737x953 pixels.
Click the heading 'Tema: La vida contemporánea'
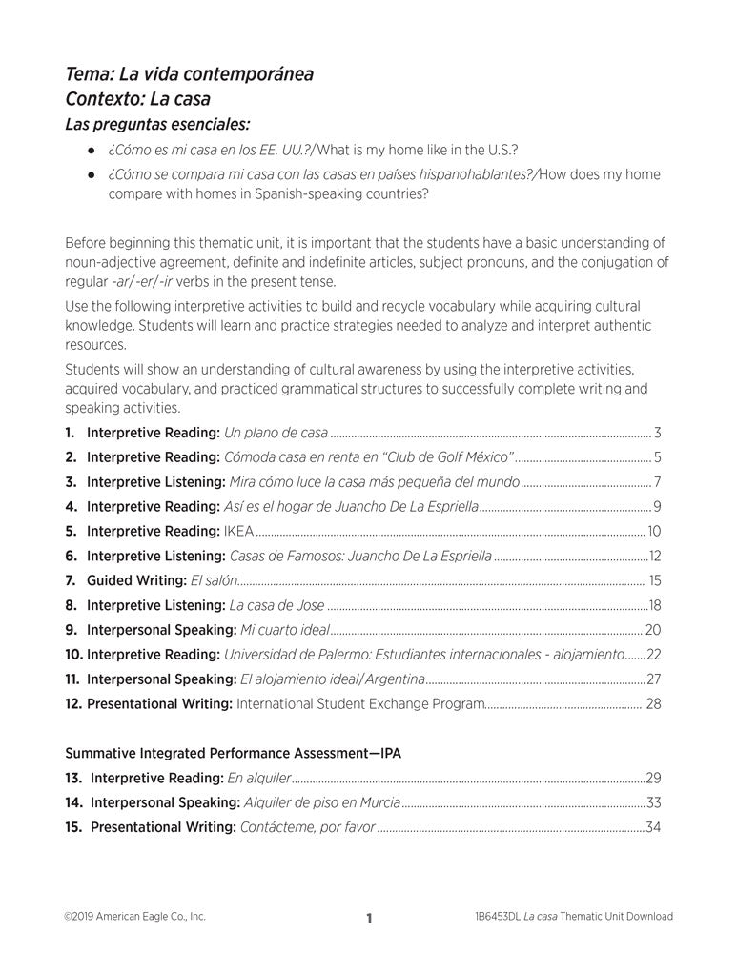coord(189,74)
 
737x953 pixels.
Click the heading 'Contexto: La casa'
coord(137,98)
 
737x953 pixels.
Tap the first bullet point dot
coord(92,151)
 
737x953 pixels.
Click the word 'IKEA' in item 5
coord(238,531)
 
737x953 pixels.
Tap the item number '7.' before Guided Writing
coord(71,580)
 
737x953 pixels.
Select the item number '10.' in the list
coord(73,655)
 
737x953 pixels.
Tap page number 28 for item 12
coord(653,704)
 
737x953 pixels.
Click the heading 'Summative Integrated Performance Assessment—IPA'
coord(233,753)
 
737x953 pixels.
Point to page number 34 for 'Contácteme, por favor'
coord(653,827)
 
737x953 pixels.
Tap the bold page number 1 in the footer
coord(368,919)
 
